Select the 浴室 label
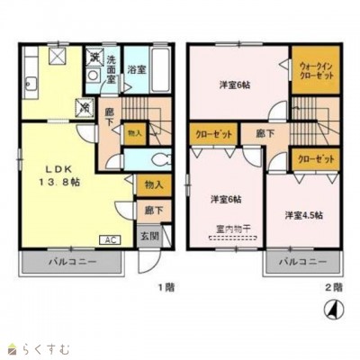point(137,67)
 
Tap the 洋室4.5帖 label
point(305,215)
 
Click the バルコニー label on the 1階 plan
point(72,264)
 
